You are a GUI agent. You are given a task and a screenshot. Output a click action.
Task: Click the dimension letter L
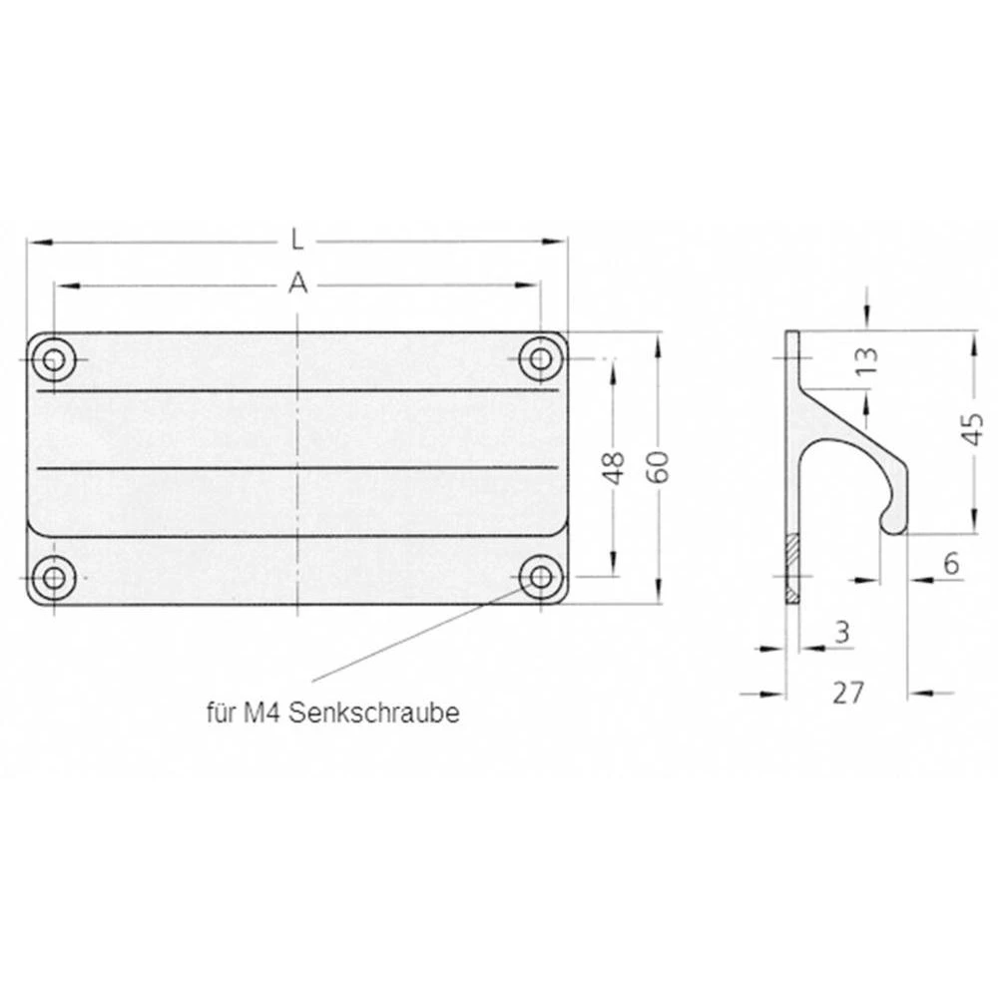tap(296, 240)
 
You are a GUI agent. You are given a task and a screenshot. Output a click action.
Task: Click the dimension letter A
tap(296, 285)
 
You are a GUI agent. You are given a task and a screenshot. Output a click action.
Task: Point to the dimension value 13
tap(866, 356)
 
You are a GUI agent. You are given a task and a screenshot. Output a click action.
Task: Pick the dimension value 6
tap(950, 564)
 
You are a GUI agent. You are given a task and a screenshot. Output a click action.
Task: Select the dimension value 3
tap(841, 631)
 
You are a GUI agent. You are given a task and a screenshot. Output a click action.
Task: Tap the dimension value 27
tap(846, 692)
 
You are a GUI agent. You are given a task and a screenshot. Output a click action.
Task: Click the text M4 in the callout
tap(257, 714)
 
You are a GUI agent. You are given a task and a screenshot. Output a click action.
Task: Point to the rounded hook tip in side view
tap(887, 521)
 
